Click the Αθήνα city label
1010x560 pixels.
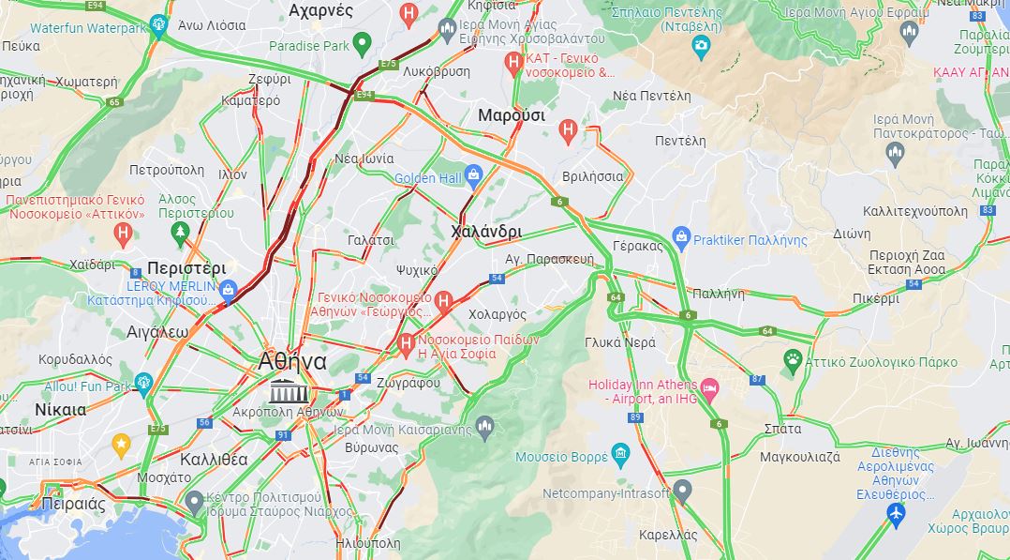[x=293, y=362]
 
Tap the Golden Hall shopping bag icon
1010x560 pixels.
[x=473, y=174]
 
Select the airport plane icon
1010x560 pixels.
[x=896, y=513]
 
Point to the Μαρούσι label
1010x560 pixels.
[x=511, y=115]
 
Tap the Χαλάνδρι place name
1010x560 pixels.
[x=486, y=231]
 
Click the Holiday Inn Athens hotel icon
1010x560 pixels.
[x=710, y=386]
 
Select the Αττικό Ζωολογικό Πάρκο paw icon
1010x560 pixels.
[x=794, y=359]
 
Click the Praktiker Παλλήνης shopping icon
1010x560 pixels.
[x=681, y=238]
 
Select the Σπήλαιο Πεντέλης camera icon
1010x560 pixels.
[x=701, y=45]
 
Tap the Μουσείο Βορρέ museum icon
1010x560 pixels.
[x=620, y=456]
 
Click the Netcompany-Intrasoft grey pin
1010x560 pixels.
[x=682, y=490]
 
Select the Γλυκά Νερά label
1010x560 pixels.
[x=619, y=342]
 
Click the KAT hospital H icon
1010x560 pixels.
[x=512, y=62]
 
